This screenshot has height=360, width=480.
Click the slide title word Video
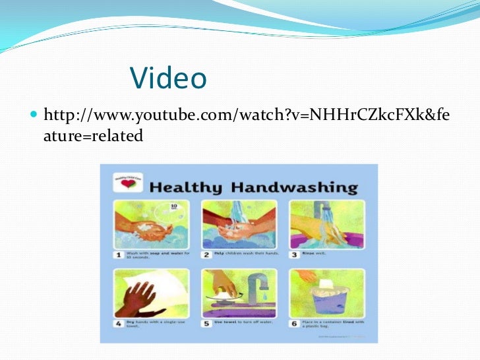click(168, 78)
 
